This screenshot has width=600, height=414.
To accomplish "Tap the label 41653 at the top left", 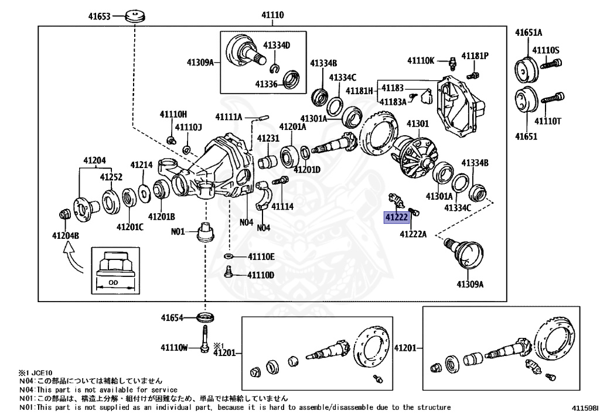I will pyautogui.click(x=100, y=16).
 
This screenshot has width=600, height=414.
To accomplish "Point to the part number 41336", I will pyautogui.click(x=265, y=84).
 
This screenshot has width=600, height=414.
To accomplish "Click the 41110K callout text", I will pyautogui.click(x=421, y=60).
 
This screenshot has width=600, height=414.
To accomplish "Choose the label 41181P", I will pyautogui.click(x=475, y=56).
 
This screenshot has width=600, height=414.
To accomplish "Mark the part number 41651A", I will pyautogui.click(x=529, y=32).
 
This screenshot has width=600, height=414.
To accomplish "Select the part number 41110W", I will pyautogui.click(x=174, y=348).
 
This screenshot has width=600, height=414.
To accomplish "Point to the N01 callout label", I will pyautogui.click(x=178, y=231).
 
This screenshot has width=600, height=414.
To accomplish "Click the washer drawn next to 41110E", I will pyautogui.click(x=229, y=256).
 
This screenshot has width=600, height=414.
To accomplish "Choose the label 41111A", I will pyautogui.click(x=229, y=117).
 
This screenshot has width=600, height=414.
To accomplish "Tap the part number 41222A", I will pyautogui.click(x=413, y=234).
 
